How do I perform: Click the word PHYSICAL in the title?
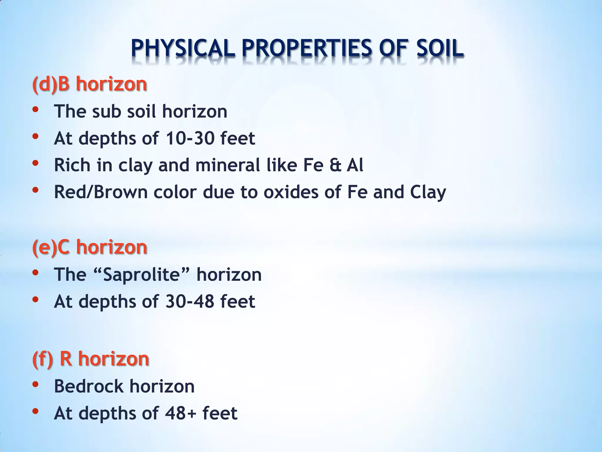[183, 49]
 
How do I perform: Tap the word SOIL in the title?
[440, 49]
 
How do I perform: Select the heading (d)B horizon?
[90, 84]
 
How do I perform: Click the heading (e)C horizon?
[90, 247]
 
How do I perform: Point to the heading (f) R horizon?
[91, 359]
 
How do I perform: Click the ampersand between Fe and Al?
[335, 165]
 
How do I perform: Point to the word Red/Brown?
[101, 192]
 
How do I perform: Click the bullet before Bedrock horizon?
[35, 384]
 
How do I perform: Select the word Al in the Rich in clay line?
[355, 165]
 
